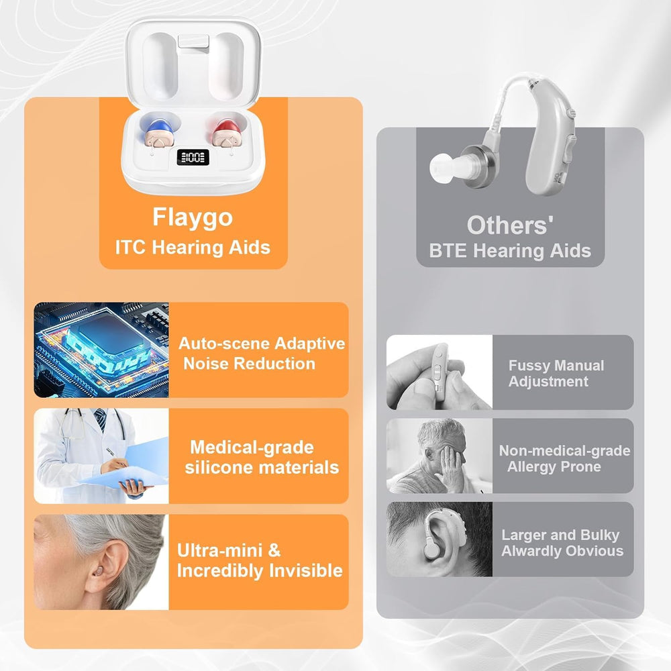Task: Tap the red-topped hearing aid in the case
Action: click(x=226, y=132)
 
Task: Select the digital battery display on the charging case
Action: click(x=193, y=157)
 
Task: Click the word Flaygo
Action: click(x=193, y=218)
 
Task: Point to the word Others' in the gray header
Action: click(x=510, y=225)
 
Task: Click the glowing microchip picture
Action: click(x=101, y=350)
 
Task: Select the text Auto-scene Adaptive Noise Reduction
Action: click(x=262, y=354)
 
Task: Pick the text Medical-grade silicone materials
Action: click(x=262, y=457)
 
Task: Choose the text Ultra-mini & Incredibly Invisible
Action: click(x=259, y=560)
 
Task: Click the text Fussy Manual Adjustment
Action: click(x=556, y=373)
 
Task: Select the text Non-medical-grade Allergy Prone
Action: click(x=564, y=458)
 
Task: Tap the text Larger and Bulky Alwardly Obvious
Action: click(x=562, y=543)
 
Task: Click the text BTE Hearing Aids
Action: click(x=510, y=251)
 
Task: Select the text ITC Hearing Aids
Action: click(x=193, y=248)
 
